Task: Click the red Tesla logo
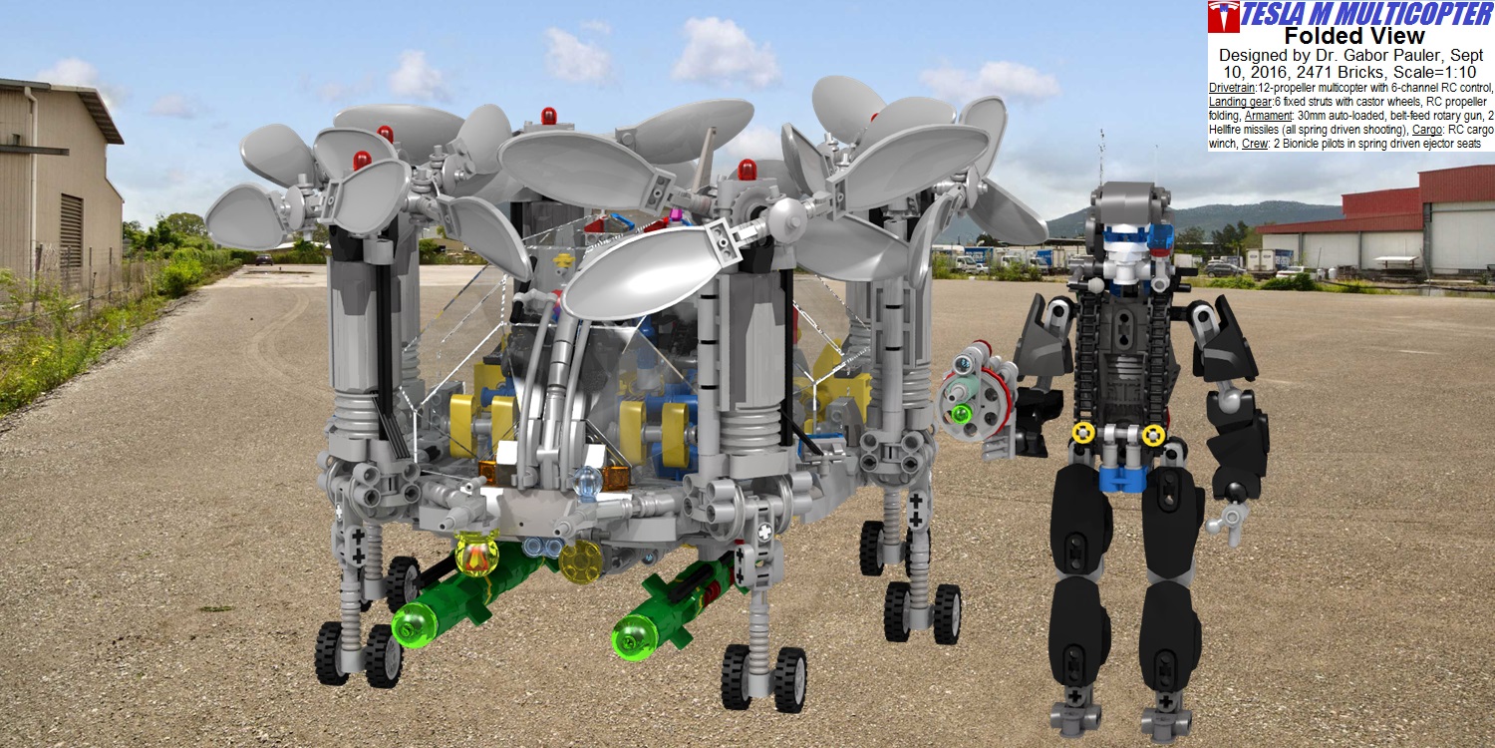click(x=1223, y=17)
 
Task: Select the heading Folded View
click(x=1354, y=35)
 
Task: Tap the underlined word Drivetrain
click(x=1232, y=88)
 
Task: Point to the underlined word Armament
click(x=1268, y=116)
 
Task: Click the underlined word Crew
click(x=1255, y=144)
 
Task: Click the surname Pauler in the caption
click(x=1407, y=55)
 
